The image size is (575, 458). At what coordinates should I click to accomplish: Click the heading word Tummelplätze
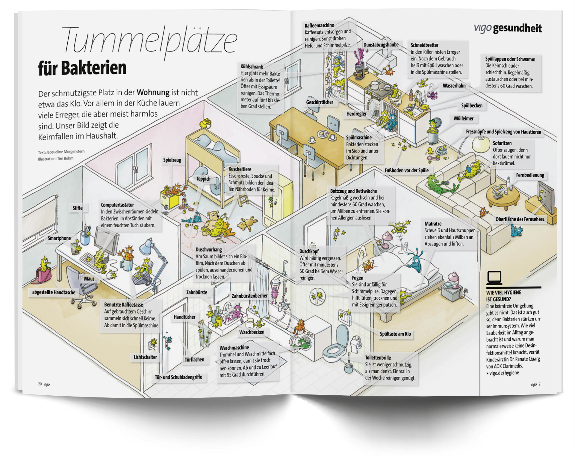pyautogui.click(x=150, y=40)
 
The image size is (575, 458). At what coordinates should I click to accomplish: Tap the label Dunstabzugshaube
pyautogui.click(x=381, y=45)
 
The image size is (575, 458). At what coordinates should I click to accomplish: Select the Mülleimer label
pyautogui.click(x=464, y=118)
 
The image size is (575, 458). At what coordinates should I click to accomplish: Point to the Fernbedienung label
pyautogui.click(x=530, y=175)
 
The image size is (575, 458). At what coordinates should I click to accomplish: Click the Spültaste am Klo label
pyautogui.click(x=395, y=334)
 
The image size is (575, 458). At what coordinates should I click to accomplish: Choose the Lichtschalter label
pyautogui.click(x=145, y=357)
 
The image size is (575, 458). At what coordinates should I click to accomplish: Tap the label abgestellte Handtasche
pyautogui.click(x=54, y=292)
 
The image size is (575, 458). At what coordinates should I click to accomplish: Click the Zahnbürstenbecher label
pyautogui.click(x=249, y=296)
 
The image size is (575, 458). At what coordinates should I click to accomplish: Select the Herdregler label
pyautogui.click(x=356, y=114)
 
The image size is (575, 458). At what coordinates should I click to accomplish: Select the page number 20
pyautogui.click(x=40, y=384)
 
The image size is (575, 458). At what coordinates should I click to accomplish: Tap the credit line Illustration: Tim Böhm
pyautogui.click(x=56, y=159)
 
